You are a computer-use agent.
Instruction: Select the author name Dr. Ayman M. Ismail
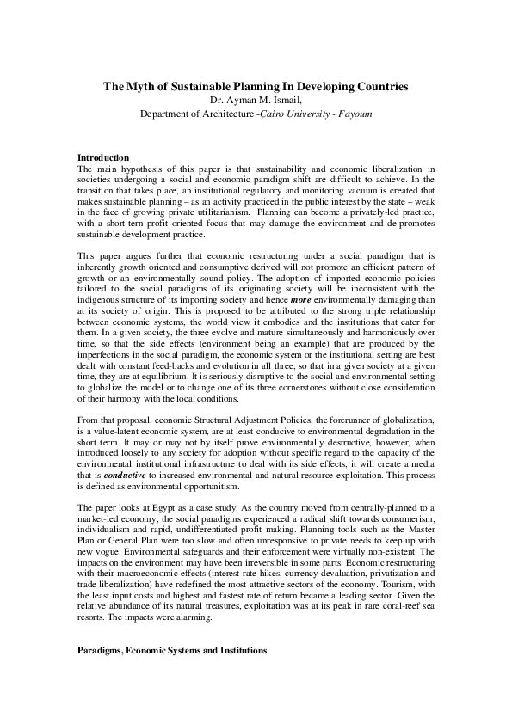[256, 100]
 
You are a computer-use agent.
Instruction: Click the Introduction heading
[103, 158]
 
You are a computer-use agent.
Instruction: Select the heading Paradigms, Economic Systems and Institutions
[172, 652]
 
